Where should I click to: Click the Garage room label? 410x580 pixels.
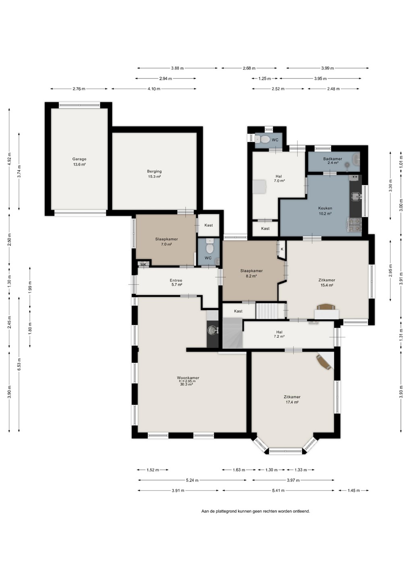tap(79, 162)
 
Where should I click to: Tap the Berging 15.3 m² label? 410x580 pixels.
tap(154, 174)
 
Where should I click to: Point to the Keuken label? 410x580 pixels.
tap(325, 211)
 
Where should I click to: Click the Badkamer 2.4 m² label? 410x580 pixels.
tap(333, 161)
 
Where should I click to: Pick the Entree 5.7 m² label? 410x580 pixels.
tap(176, 282)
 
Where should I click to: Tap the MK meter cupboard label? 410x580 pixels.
tap(143, 265)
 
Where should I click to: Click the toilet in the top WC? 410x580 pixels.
tap(263, 139)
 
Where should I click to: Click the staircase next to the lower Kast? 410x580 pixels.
tap(269, 311)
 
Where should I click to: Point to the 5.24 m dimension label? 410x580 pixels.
tap(192, 480)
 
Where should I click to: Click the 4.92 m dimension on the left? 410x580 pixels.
tap(9, 159)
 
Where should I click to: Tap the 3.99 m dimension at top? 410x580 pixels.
tap(327, 68)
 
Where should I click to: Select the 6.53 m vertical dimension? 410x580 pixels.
tap(19, 364)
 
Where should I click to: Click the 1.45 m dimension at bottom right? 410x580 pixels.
tap(354, 490)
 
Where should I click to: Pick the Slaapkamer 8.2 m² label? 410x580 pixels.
tap(251, 273)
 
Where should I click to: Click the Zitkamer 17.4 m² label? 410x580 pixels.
tap(292, 399)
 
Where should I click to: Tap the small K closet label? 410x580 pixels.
tap(282, 249)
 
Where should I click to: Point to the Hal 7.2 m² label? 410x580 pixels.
tap(279, 334)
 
